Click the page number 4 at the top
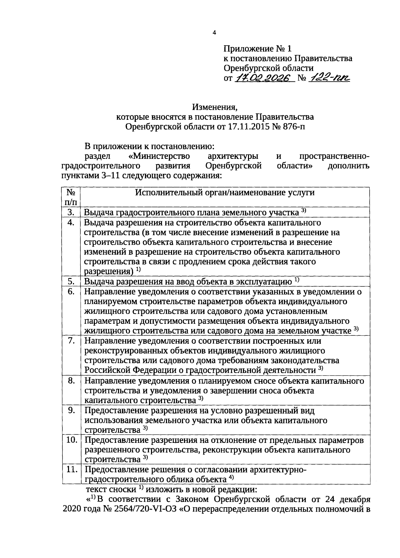(x=215, y=33)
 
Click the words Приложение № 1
(x=257, y=49)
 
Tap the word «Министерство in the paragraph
(x=159, y=156)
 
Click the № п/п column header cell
(x=71, y=197)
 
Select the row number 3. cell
(x=71, y=212)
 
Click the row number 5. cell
(x=71, y=281)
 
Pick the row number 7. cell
(x=71, y=341)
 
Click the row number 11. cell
(x=71, y=470)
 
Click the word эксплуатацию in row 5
(x=264, y=282)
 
